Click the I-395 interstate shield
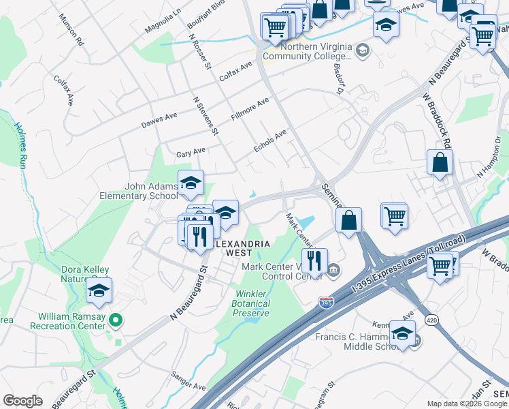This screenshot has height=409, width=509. pyautogui.click(x=326, y=303)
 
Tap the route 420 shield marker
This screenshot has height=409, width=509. pyautogui.click(x=431, y=319)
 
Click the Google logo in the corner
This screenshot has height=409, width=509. pyautogui.click(x=22, y=401)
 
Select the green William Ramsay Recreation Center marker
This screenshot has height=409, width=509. pyautogui.click(x=115, y=318)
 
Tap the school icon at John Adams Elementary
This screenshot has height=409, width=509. pyautogui.click(x=191, y=182)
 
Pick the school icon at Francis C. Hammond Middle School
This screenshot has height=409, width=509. pyautogui.click(x=402, y=334)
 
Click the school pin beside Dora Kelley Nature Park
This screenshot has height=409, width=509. pyautogui.click(x=99, y=291)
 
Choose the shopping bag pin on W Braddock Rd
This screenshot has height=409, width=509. pyautogui.click(x=440, y=162)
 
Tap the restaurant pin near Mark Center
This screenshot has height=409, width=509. pyautogui.click(x=314, y=260)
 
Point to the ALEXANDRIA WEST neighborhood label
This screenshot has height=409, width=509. pyautogui.click(x=243, y=248)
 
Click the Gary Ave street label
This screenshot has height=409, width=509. pyautogui.click(x=191, y=152)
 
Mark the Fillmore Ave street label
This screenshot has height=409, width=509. pyautogui.click(x=250, y=109)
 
